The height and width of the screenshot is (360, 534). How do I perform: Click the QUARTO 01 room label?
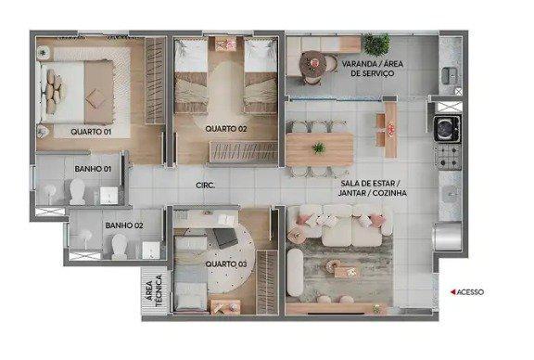[x=91, y=132]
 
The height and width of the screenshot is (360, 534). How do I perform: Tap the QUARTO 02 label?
[x=226, y=128]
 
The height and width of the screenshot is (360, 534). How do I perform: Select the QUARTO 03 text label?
[x=226, y=263]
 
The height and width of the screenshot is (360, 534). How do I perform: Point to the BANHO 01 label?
[x=93, y=169]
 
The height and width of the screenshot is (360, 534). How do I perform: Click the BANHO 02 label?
[x=124, y=225]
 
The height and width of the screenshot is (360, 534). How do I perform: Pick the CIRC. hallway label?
[x=206, y=186]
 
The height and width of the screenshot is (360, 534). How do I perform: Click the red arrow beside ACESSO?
[x=451, y=291]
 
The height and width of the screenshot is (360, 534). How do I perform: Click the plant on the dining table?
[x=319, y=148]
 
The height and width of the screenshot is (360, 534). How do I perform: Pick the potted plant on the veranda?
[x=375, y=44]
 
